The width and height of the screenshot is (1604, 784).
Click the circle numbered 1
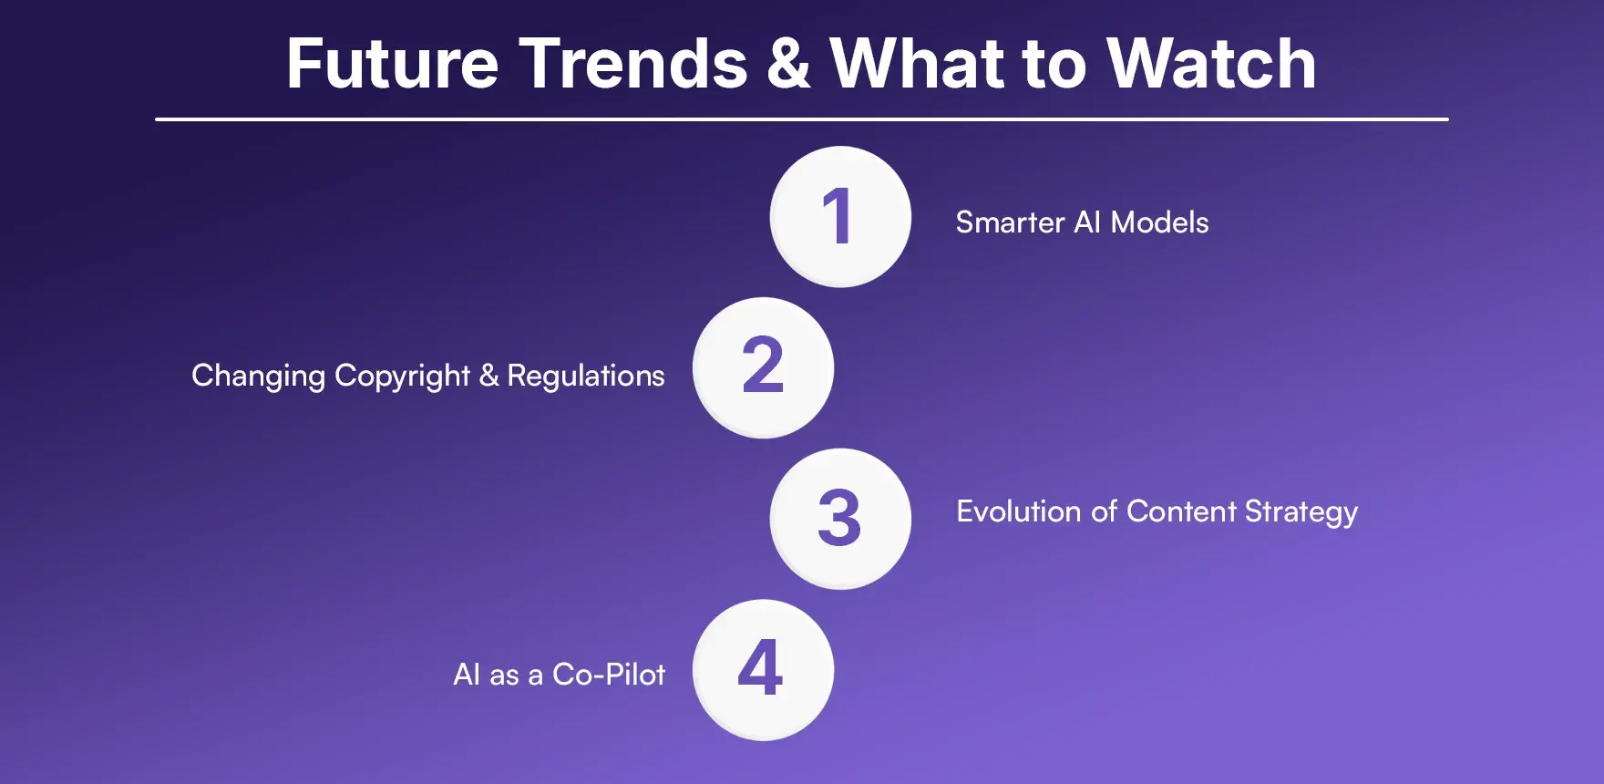[x=840, y=217]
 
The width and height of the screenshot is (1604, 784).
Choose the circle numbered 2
[x=763, y=367]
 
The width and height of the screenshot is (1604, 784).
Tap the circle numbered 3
[x=840, y=519]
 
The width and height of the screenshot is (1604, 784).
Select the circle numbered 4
[x=763, y=670]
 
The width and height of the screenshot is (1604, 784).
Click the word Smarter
[x=1010, y=222]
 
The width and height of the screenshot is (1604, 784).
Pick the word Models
[x=1159, y=222]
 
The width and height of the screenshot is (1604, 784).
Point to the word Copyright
[x=402, y=377]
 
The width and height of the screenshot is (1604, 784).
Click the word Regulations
[x=586, y=377]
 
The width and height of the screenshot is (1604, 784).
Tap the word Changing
[x=258, y=377]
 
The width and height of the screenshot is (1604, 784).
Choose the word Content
[x=1181, y=511]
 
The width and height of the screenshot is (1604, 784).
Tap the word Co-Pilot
[x=609, y=675]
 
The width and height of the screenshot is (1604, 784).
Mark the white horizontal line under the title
[x=802, y=119]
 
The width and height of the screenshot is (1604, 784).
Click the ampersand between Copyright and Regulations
[x=489, y=376]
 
